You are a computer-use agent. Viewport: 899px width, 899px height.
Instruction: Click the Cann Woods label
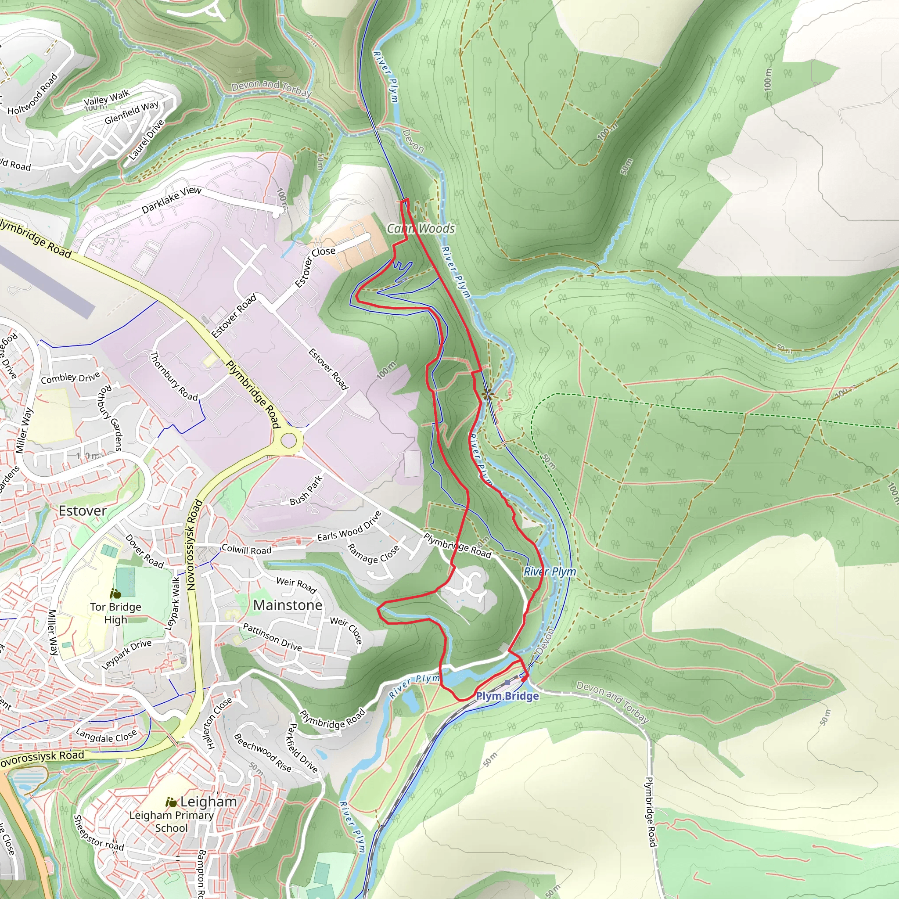coord(421,228)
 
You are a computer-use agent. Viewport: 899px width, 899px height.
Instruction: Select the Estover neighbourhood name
coord(83,511)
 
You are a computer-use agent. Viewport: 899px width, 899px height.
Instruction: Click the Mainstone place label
coord(288,605)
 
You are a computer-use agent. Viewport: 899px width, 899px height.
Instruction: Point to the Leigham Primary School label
coord(171,822)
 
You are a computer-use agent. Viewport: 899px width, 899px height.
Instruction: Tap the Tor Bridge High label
coord(115,613)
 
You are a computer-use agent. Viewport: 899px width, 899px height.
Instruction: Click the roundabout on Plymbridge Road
coord(288,440)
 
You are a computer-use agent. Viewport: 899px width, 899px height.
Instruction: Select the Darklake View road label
coord(171,200)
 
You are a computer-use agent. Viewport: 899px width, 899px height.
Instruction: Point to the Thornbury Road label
coord(173,376)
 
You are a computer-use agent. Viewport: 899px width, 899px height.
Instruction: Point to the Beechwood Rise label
coord(263,753)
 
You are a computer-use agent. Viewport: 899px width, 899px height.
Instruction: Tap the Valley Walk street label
coord(107,98)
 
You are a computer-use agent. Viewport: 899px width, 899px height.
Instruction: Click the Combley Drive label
coord(70,378)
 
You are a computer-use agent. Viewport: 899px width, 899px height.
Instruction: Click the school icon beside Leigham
coord(171,802)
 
